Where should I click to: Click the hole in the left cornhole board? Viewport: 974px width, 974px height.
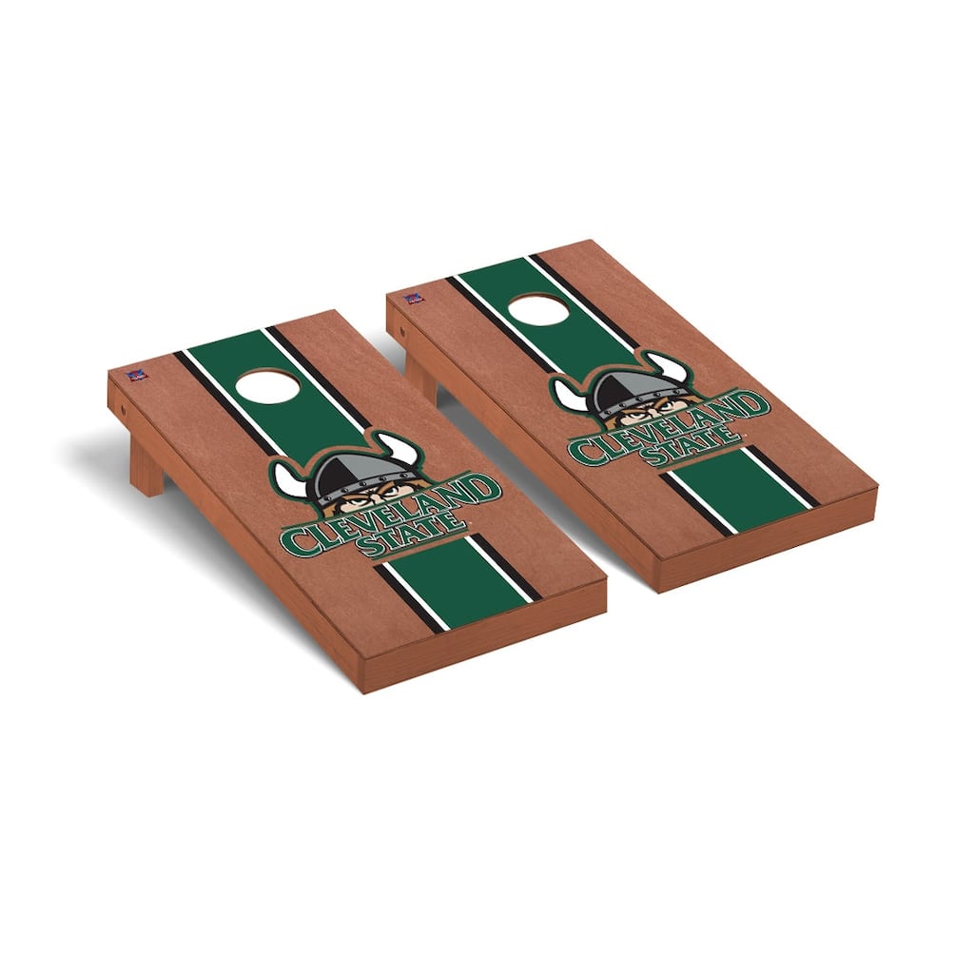click(267, 386)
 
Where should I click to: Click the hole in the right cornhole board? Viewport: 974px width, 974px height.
click(538, 309)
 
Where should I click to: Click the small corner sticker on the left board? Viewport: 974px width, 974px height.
click(133, 376)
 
